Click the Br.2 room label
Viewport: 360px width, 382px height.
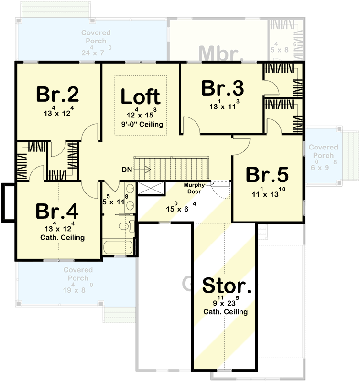tap(58, 95)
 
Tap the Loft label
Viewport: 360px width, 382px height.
tap(140, 96)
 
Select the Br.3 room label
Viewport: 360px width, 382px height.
tap(222, 88)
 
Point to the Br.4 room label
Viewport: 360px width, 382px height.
tap(58, 210)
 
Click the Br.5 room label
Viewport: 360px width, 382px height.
tap(267, 175)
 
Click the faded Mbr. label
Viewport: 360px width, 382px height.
tap(220, 53)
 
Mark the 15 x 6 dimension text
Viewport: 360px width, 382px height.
tap(177, 208)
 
